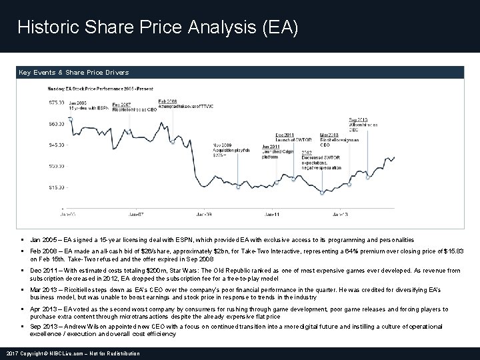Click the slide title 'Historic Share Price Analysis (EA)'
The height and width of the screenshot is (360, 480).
point(158,28)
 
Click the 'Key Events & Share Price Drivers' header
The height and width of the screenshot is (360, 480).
point(74,72)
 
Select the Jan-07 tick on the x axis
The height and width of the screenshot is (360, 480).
point(136,214)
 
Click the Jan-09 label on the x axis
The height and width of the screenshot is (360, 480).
point(204,214)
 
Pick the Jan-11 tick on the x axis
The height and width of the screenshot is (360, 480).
point(272,214)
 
